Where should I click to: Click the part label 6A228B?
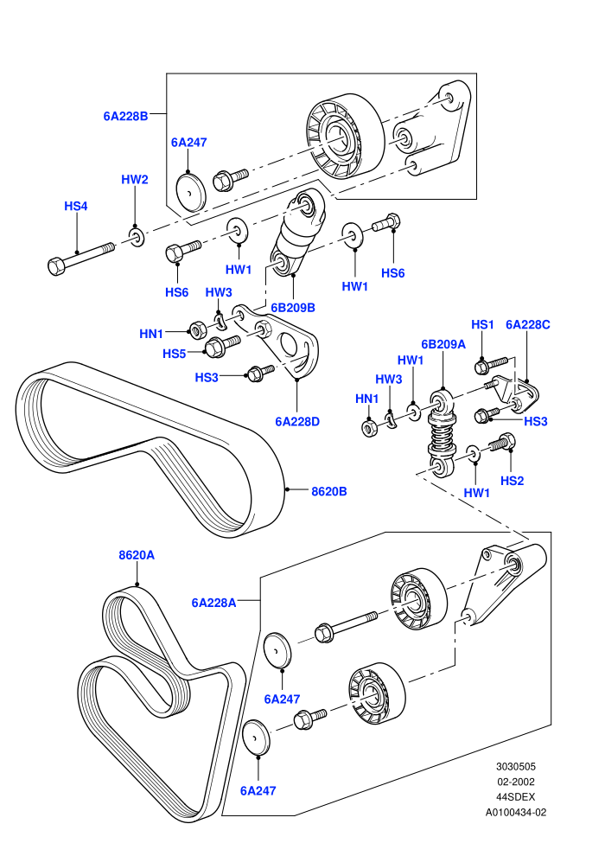click(x=125, y=116)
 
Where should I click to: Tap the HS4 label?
click(x=76, y=206)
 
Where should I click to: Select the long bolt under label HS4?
click(x=80, y=258)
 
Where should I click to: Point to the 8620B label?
click(x=329, y=491)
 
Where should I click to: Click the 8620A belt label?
click(x=137, y=555)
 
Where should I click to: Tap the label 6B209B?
click(x=293, y=308)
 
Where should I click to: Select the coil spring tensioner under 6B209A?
click(x=443, y=431)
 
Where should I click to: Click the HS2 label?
click(x=512, y=481)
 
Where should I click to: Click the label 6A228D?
click(x=297, y=421)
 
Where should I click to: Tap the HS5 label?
click(x=174, y=354)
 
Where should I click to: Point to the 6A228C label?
click(x=527, y=324)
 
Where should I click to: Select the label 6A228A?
click(x=213, y=603)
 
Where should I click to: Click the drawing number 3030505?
click(x=515, y=766)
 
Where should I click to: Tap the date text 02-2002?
click(x=515, y=782)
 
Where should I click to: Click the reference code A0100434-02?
click(x=515, y=812)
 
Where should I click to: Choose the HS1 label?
click(x=482, y=324)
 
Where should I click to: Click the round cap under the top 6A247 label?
click(x=191, y=192)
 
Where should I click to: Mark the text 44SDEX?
click(x=515, y=797)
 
